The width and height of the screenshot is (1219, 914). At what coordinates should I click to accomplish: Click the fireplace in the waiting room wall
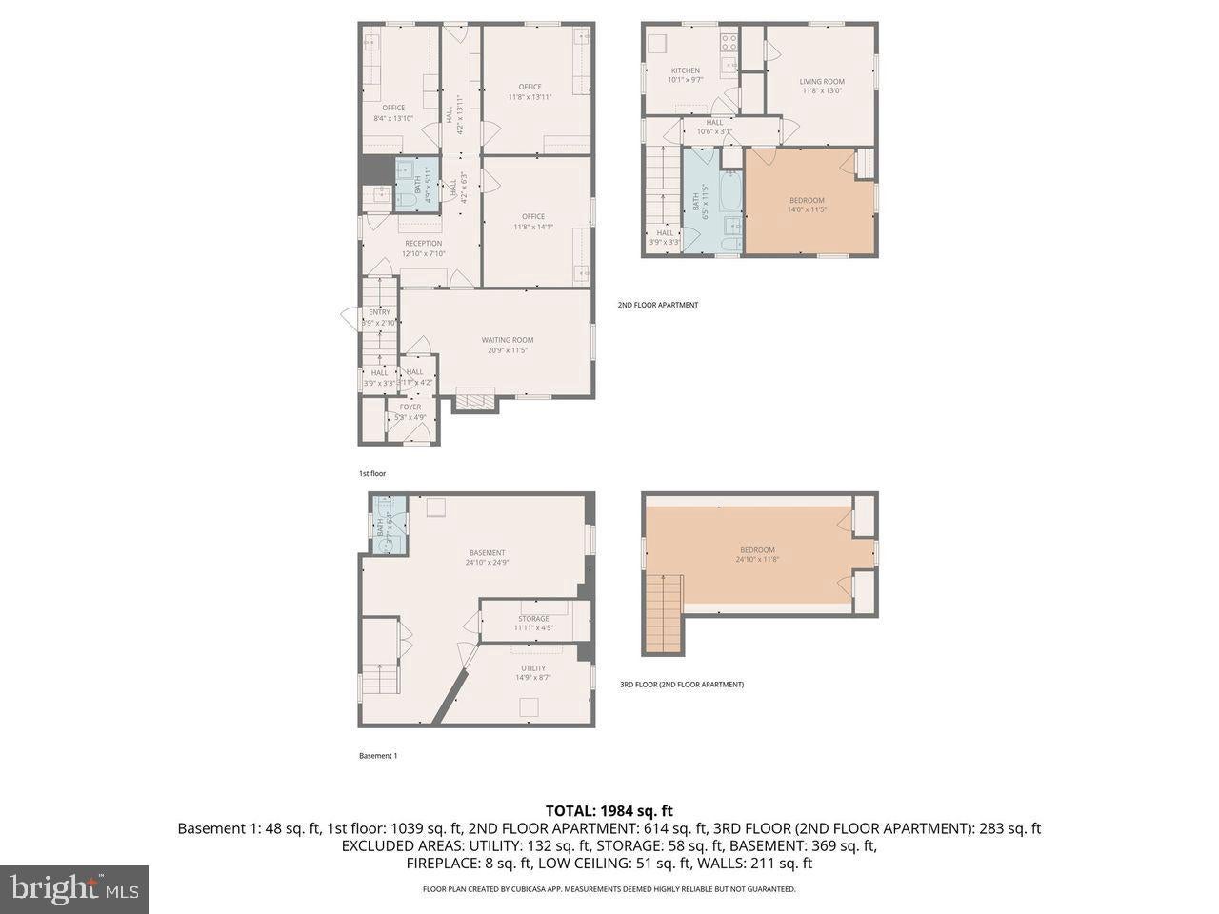474,401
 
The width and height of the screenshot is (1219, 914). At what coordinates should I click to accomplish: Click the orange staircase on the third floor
664,614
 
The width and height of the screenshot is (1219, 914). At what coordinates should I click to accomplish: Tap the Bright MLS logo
73,889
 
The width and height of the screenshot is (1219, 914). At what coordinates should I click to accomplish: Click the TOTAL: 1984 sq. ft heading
609,810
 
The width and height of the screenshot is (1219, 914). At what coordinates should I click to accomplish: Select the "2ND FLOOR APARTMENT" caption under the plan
657,305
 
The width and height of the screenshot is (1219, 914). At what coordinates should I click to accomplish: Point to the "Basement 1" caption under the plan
377,756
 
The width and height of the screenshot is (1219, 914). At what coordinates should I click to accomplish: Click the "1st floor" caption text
371,473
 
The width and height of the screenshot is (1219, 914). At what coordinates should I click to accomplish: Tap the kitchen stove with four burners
729,42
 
